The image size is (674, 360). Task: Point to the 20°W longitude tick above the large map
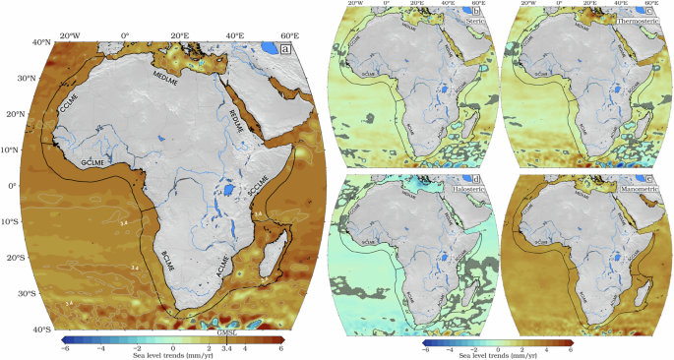tap(66, 35)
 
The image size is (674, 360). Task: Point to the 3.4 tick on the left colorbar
tap(227, 350)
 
